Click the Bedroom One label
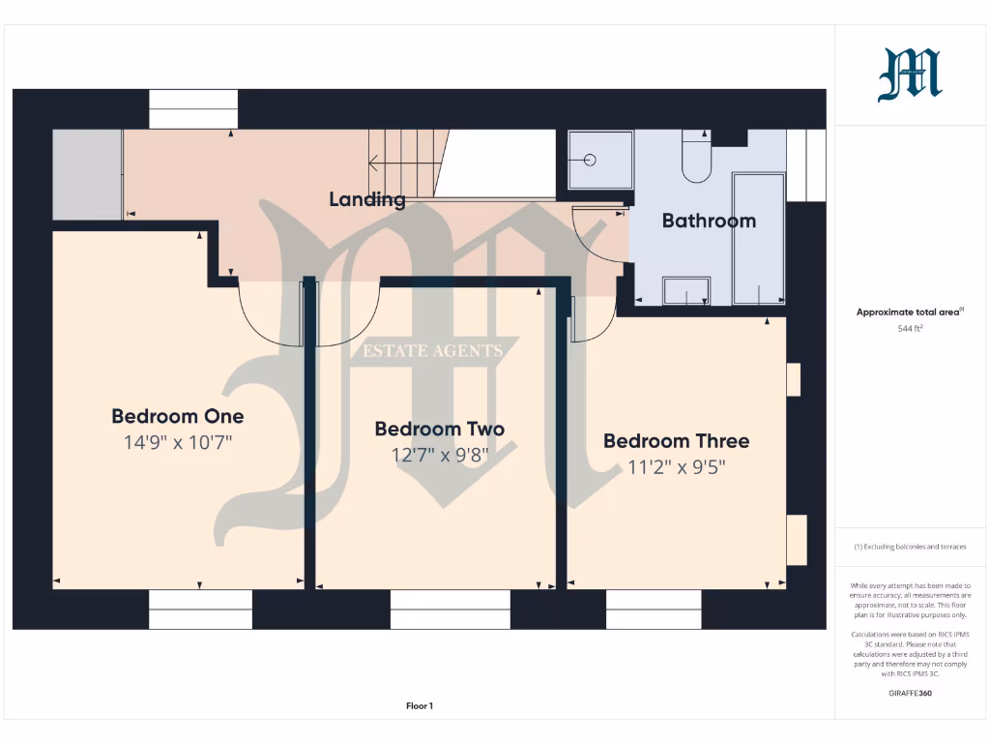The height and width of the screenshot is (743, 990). click(178, 416)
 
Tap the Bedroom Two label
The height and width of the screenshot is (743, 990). click(439, 429)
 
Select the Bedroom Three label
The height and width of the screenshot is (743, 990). click(676, 441)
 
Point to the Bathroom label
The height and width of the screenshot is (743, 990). click(709, 221)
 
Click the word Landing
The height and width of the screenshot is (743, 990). click(366, 200)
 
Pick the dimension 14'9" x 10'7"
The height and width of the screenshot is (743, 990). click(178, 443)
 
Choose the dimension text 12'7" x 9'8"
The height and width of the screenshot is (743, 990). click(439, 455)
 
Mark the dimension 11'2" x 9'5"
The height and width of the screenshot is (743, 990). click(676, 467)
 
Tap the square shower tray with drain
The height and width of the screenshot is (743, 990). click(599, 160)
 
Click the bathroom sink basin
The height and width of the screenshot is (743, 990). click(685, 291)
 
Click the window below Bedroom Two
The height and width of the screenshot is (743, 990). click(450, 609)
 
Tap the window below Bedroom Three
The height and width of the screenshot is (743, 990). click(654, 609)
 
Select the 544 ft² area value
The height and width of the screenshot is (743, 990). click(911, 329)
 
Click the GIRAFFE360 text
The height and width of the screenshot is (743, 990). click(911, 693)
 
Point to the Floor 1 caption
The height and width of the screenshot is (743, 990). click(420, 706)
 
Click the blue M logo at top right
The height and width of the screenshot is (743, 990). click(910, 75)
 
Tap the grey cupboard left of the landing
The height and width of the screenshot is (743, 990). click(86, 174)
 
